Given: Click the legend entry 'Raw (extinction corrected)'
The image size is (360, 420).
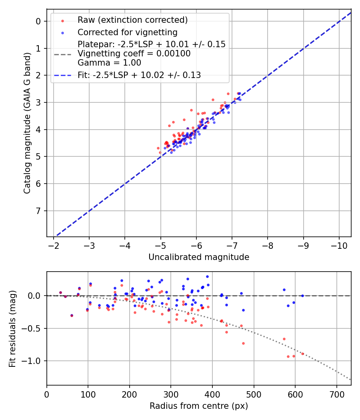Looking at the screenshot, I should point(132,20).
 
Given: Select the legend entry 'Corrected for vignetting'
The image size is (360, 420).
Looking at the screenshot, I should point(127,32).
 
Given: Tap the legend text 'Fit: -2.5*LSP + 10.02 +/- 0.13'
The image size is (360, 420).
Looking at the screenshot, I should point(139,75).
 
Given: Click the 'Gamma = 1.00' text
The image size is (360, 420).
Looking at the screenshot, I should point(109,62).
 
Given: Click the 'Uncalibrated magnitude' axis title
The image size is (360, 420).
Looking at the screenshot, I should point(199,257).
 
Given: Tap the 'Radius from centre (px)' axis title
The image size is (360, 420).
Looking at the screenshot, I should point(199,406).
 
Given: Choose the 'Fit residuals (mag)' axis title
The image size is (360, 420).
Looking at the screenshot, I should point(12,329).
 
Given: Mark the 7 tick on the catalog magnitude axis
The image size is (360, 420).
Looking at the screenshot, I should point(39,211).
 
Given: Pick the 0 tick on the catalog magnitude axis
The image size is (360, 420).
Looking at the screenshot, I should point(39,21).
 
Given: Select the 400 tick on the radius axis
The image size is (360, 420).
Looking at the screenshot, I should point(212,394).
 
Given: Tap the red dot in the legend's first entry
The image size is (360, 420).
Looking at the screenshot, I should point(62,20).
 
